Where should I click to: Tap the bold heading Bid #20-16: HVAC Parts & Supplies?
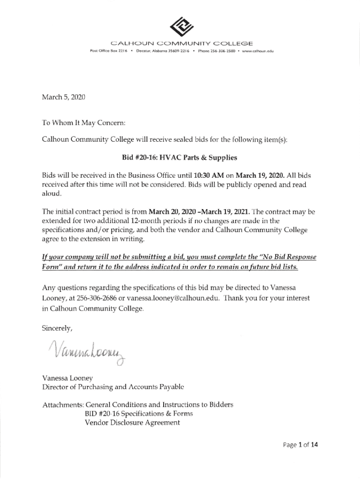pyautogui.click(x=180, y=157)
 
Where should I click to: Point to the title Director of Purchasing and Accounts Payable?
pyautogui.click(x=113, y=387)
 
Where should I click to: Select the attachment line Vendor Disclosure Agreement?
pyautogui.click(x=132, y=422)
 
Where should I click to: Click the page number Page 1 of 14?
pyautogui.click(x=299, y=445)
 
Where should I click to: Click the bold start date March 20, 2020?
pyautogui.click(x=173, y=212)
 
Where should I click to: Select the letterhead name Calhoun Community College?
pyautogui.click(x=180, y=44)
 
